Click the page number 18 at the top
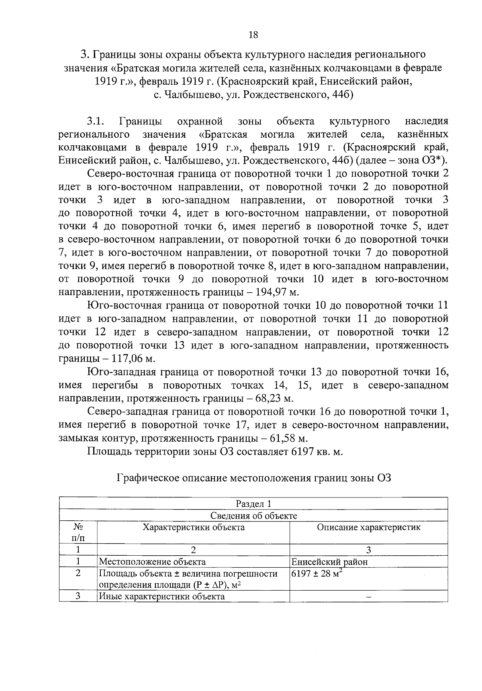coord(253,35)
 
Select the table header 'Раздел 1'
coord(253,503)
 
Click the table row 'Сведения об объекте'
coord(253,516)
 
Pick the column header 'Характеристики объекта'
coord(194,527)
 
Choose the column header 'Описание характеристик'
coord(369,527)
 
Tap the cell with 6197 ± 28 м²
coord(317,573)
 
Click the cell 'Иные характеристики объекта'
coord(162,596)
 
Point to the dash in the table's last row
coord(369,597)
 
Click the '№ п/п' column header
coord(78,532)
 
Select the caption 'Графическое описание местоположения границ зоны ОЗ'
coord(253,478)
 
